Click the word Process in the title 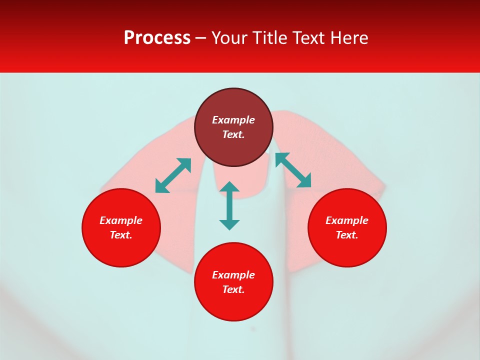point(157,38)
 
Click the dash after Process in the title point(201,38)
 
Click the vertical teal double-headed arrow point(229,205)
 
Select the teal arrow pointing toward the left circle point(173,175)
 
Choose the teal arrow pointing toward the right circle point(293,170)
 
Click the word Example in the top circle point(233,120)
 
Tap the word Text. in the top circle point(233,134)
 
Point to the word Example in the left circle point(121,220)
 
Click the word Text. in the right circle point(347,235)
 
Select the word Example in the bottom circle point(233,275)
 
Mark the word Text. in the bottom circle point(233,289)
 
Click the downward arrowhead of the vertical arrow point(229,224)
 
